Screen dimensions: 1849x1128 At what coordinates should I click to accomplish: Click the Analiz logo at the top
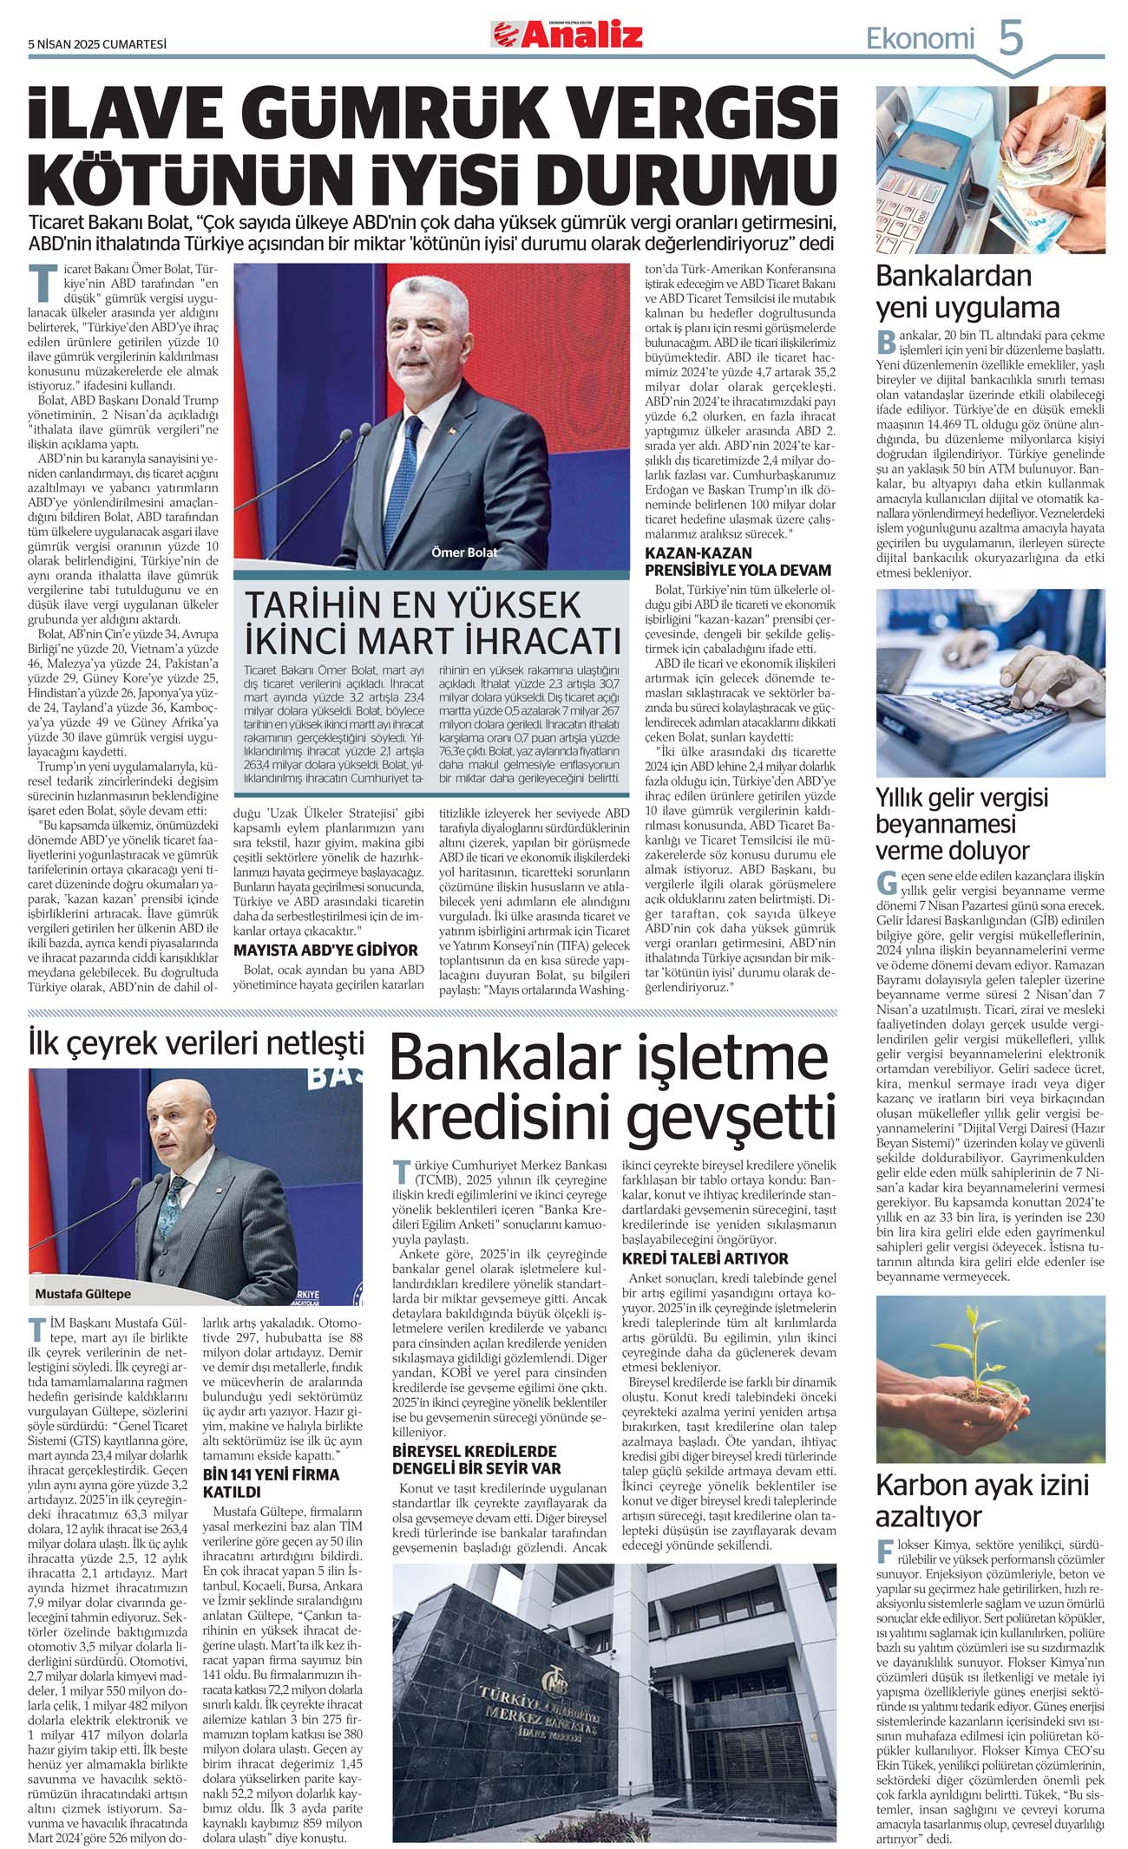pyautogui.click(x=568, y=34)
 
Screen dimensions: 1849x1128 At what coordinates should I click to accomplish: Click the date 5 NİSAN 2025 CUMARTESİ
pyautogui.click(x=97, y=43)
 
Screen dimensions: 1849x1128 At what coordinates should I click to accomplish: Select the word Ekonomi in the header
pyautogui.click(x=921, y=38)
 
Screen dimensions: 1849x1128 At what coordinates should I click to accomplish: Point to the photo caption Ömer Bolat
pyautogui.click(x=464, y=552)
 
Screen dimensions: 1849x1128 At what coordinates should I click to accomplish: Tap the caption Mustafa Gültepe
pyautogui.click(x=83, y=1293)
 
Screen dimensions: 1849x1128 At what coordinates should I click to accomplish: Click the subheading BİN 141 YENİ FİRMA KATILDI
pyautogui.click(x=271, y=1483)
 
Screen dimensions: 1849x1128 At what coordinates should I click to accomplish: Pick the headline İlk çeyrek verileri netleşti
pyautogui.click(x=196, y=1042)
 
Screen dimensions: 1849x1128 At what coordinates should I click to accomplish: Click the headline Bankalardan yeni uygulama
pyautogui.click(x=967, y=291)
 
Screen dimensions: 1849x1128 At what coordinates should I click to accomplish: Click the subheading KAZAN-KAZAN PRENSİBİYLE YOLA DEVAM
pyautogui.click(x=738, y=561)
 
